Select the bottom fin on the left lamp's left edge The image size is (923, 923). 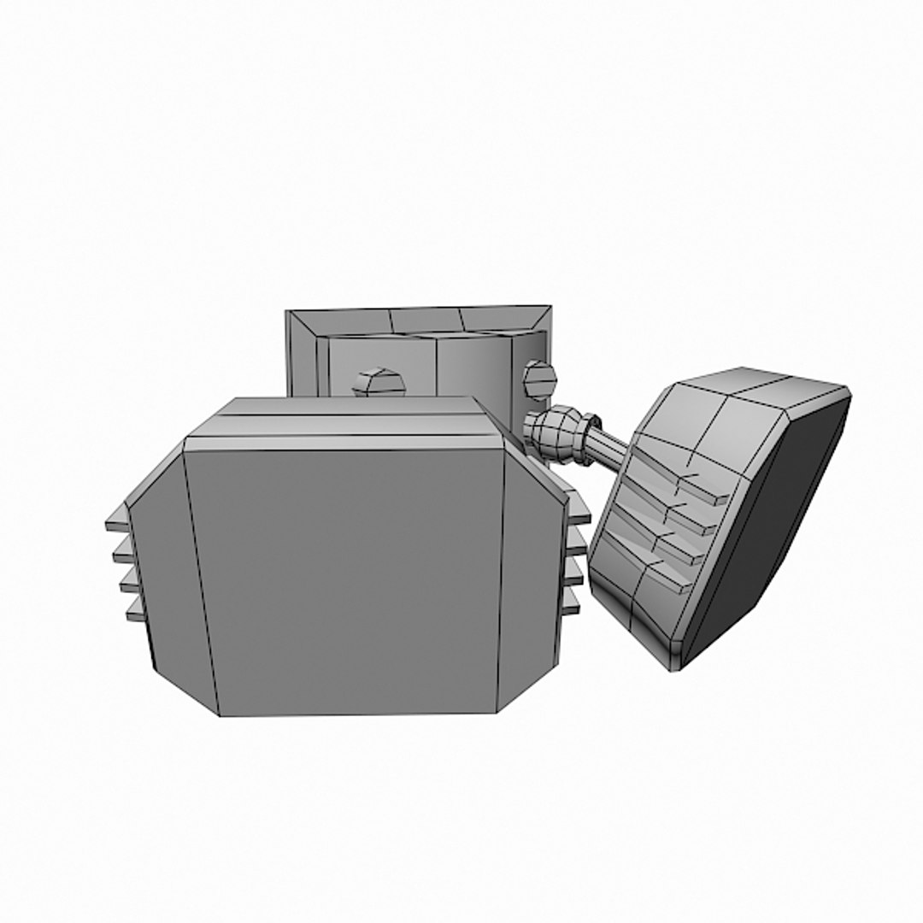[x=135, y=612]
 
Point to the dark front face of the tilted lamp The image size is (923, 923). [x=769, y=530]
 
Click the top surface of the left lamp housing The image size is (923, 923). [x=342, y=419]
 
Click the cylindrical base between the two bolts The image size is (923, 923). [x=453, y=367]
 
